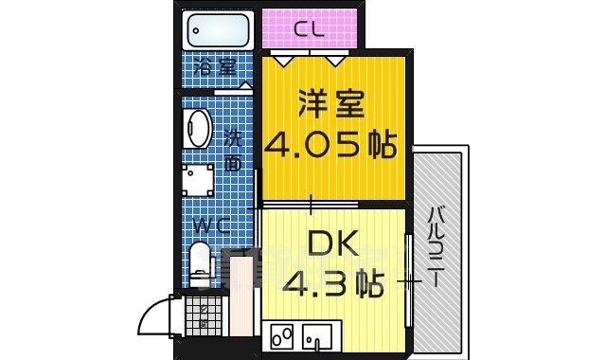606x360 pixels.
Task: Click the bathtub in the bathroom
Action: click(x=218, y=31)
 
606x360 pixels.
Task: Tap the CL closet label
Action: click(x=309, y=29)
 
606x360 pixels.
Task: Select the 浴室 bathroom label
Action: click(x=214, y=67)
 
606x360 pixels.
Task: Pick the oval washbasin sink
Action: click(x=198, y=129)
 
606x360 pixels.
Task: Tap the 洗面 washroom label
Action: click(x=233, y=150)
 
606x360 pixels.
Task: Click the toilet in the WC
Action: click(x=200, y=262)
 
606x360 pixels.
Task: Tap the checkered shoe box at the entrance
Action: click(x=200, y=316)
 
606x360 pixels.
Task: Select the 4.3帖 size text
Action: click(x=331, y=282)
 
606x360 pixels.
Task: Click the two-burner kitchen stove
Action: click(x=283, y=334)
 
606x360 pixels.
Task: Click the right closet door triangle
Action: click(x=335, y=58)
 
